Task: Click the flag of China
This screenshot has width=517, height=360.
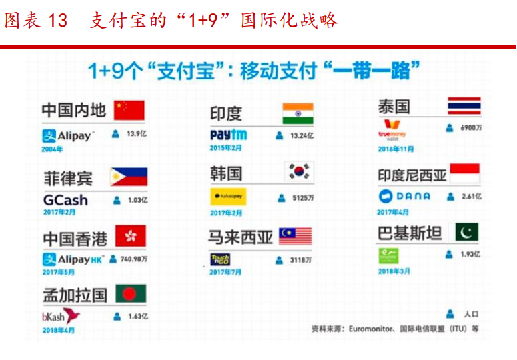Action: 129,110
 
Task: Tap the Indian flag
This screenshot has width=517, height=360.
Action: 297,113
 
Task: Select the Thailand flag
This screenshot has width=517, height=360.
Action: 464,106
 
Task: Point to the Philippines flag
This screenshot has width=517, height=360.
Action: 129,177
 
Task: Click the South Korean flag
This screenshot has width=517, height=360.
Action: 298,173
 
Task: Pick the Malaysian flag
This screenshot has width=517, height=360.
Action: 295,236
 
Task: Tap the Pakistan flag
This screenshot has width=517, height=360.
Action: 467,233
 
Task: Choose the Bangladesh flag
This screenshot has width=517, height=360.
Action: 130,294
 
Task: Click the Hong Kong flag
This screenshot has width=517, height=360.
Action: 130,236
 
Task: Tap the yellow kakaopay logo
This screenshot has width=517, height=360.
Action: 229,198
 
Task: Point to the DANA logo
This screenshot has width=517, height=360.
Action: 404,196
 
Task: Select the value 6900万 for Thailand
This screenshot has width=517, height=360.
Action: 470,127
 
